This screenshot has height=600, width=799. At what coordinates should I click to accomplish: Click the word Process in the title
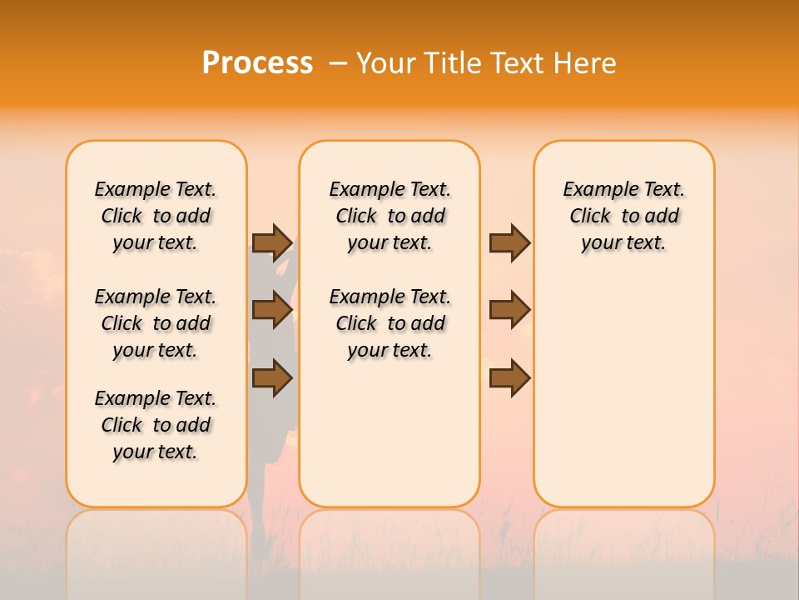257,63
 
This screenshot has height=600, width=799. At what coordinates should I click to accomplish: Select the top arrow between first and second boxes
272,242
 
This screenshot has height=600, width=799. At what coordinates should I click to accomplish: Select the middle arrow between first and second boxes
272,310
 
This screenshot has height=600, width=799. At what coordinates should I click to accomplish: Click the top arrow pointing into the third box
509,242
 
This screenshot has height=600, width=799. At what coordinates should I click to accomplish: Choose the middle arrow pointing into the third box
509,310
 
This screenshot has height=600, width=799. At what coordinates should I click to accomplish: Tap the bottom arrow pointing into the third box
509,377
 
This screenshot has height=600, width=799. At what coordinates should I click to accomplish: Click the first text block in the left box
156,216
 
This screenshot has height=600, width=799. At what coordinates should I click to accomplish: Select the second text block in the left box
156,323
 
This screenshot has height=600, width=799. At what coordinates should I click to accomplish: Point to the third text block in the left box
156,425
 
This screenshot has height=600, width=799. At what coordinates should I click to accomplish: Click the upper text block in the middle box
390,216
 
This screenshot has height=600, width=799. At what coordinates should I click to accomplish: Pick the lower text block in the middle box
390,323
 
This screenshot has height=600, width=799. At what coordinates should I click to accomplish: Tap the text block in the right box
623,216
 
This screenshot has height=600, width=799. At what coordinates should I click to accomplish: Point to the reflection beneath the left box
156,542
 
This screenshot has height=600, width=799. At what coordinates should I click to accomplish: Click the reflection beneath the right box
623,542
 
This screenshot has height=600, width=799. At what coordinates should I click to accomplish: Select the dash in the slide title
338,63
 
